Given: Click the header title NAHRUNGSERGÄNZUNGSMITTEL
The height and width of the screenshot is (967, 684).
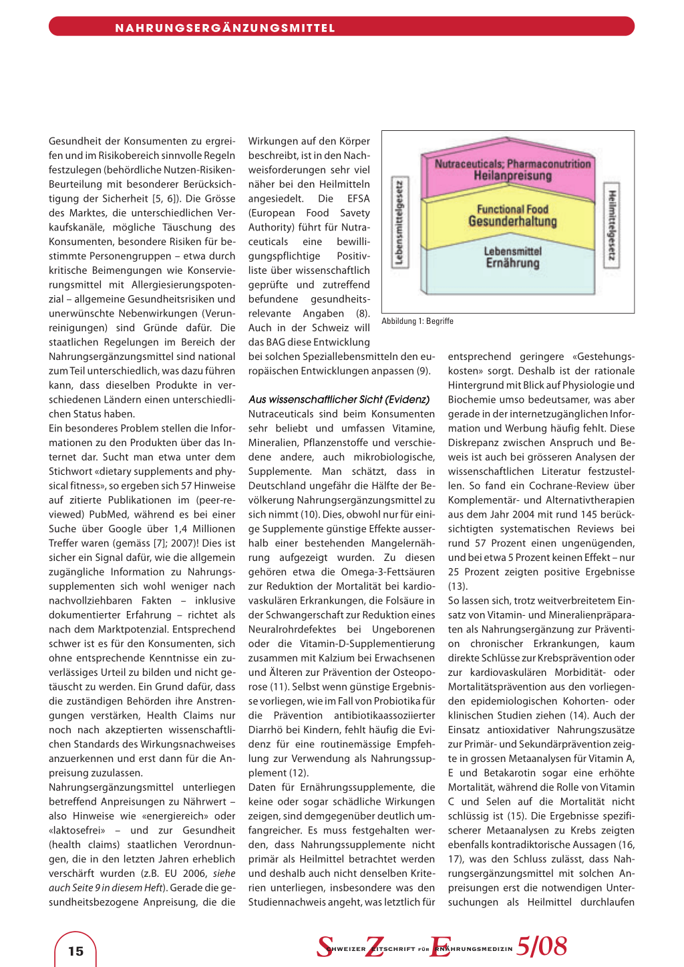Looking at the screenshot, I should [225, 28].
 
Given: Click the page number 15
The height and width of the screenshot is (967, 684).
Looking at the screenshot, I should [76, 951].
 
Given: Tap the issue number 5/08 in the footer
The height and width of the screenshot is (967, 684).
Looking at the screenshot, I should [542, 946].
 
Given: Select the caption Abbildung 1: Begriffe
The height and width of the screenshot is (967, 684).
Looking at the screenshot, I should [417, 321].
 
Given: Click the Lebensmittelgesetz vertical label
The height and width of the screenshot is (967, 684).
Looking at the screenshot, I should [399, 222].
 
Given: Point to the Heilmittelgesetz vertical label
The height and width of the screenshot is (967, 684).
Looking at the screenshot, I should [612, 225].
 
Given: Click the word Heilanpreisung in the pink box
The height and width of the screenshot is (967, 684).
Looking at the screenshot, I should [513, 176].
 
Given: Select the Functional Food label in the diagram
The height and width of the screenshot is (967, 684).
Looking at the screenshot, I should [512, 209].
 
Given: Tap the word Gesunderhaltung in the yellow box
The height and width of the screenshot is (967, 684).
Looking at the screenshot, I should [512, 221].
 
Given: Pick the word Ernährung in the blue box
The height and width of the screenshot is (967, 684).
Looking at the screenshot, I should [512, 263].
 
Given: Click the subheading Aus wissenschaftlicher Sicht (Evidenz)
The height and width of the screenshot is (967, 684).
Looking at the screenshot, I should [339, 399].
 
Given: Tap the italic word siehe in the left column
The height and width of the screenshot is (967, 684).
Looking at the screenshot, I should [224, 874].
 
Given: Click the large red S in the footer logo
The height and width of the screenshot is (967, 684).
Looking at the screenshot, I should [325, 947].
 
